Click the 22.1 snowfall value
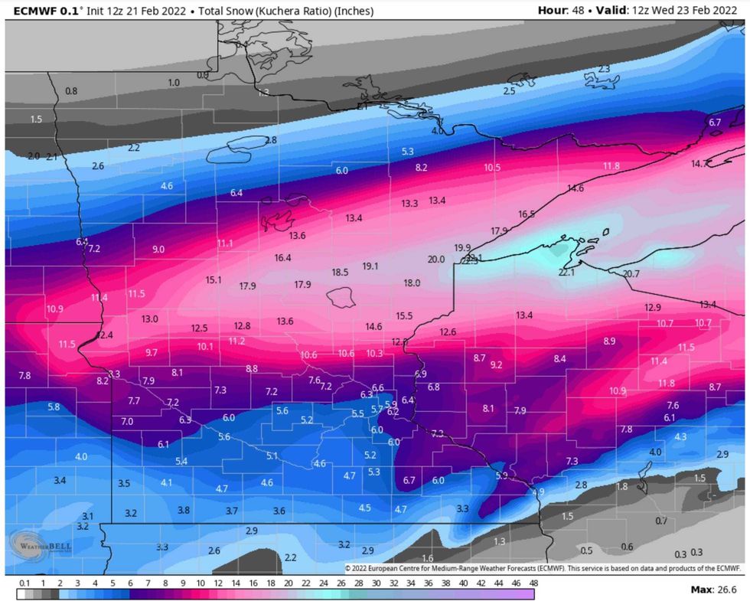[566, 273]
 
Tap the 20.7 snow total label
[631, 273]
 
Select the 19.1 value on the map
[370, 266]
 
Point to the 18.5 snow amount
[340, 272]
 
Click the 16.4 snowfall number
[282, 258]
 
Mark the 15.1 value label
[214, 280]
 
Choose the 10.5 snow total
[492, 168]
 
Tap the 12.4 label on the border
[104, 335]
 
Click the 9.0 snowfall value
[158, 250]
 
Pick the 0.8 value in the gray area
[71, 91]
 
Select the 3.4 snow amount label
[60, 480]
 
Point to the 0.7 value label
[661, 521]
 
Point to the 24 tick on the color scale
[306, 583]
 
